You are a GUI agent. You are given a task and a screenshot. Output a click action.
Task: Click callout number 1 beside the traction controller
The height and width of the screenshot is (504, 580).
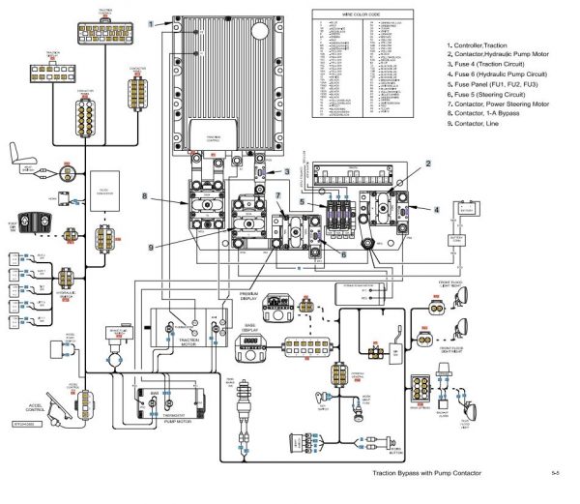tap(152, 21)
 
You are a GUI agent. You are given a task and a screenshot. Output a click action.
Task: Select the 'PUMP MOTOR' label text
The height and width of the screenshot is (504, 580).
tap(181, 421)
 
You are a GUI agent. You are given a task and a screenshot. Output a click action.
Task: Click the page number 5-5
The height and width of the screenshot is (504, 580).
tap(555, 475)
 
